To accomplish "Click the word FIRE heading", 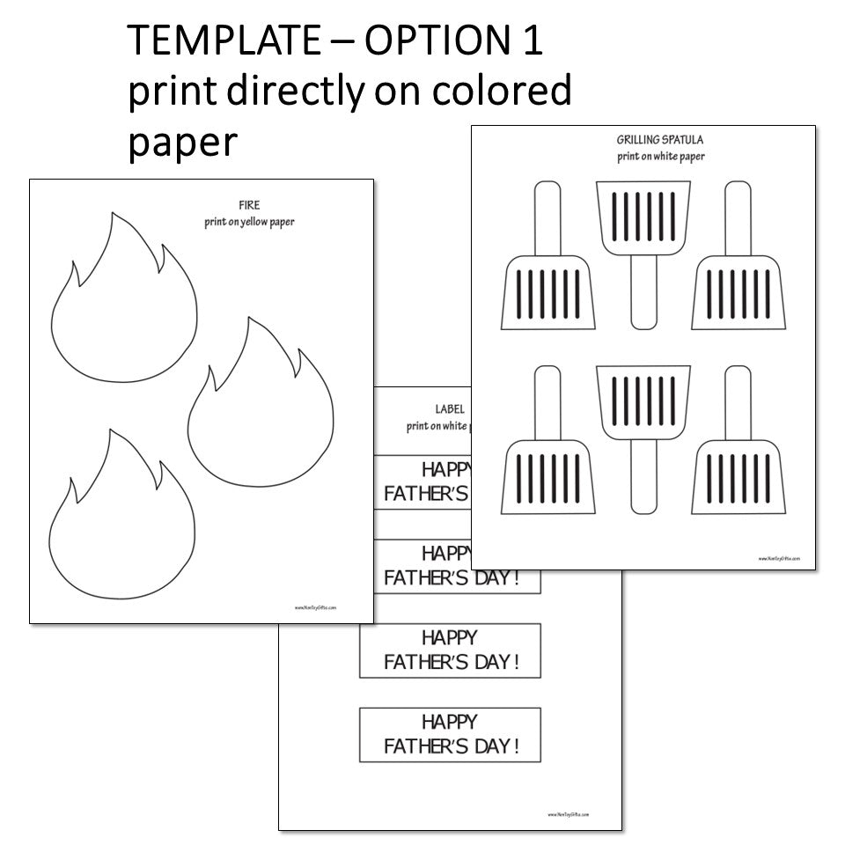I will (x=249, y=206).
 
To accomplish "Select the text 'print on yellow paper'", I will (x=249, y=222).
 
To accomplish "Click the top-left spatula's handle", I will (x=547, y=216).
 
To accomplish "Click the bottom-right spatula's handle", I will (x=738, y=400).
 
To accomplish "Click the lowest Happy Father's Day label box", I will (x=449, y=734).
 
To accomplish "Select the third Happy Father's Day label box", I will (x=449, y=650).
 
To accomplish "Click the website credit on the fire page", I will (x=316, y=607).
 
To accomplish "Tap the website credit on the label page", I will (x=568, y=815).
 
